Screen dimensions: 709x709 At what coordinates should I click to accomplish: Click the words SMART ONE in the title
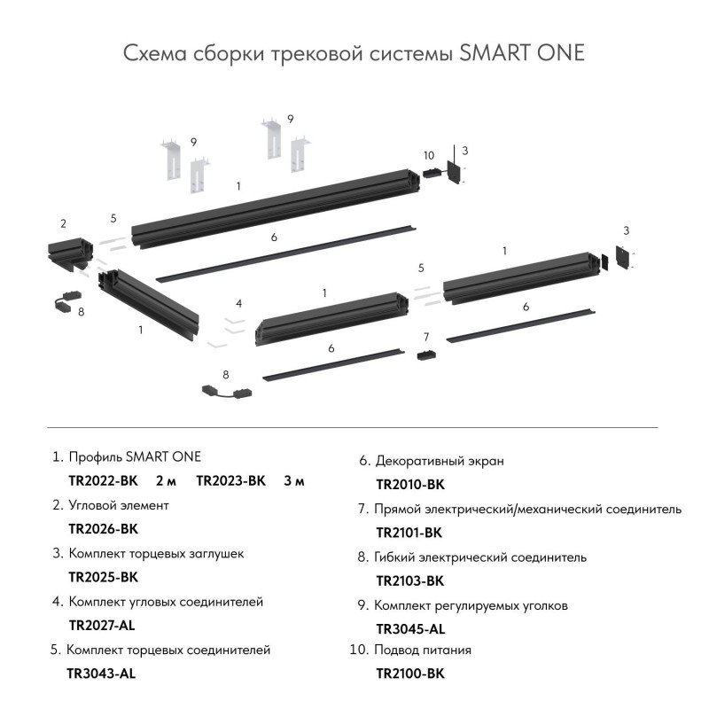point(524,53)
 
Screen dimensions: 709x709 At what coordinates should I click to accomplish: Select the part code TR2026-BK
point(104,529)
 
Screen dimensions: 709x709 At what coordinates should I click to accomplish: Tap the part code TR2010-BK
point(409,485)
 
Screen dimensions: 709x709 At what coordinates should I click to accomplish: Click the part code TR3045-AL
point(410,629)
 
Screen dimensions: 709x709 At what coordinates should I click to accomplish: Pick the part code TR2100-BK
point(409,674)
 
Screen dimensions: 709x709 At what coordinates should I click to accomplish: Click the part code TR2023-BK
point(230,481)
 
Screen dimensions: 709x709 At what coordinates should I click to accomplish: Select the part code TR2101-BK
point(409,533)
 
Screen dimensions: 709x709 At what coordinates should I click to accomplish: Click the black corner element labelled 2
point(66,253)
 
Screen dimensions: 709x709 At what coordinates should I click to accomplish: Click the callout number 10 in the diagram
point(429,155)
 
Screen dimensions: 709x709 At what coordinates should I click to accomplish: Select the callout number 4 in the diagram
point(238,303)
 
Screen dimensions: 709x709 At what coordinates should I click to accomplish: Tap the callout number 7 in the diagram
point(426,337)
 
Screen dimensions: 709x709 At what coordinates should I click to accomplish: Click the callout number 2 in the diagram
point(63,223)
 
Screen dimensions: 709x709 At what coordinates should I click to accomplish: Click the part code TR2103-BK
point(409,581)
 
